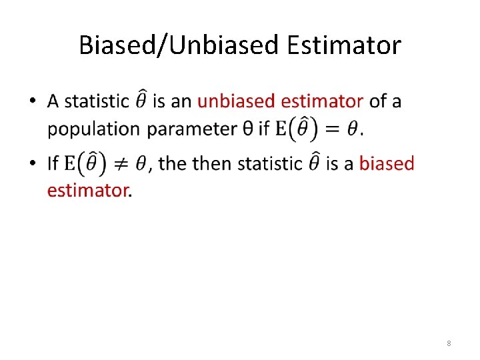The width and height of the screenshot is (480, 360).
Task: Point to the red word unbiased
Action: [237, 101]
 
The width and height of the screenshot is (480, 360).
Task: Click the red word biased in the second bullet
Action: [387, 163]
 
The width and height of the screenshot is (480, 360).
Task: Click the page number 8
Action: [449, 343]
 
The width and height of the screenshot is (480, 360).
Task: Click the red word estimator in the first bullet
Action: [322, 101]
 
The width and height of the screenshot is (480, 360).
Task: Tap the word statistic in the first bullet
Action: [97, 101]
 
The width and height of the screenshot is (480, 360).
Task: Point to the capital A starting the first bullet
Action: [53, 101]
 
